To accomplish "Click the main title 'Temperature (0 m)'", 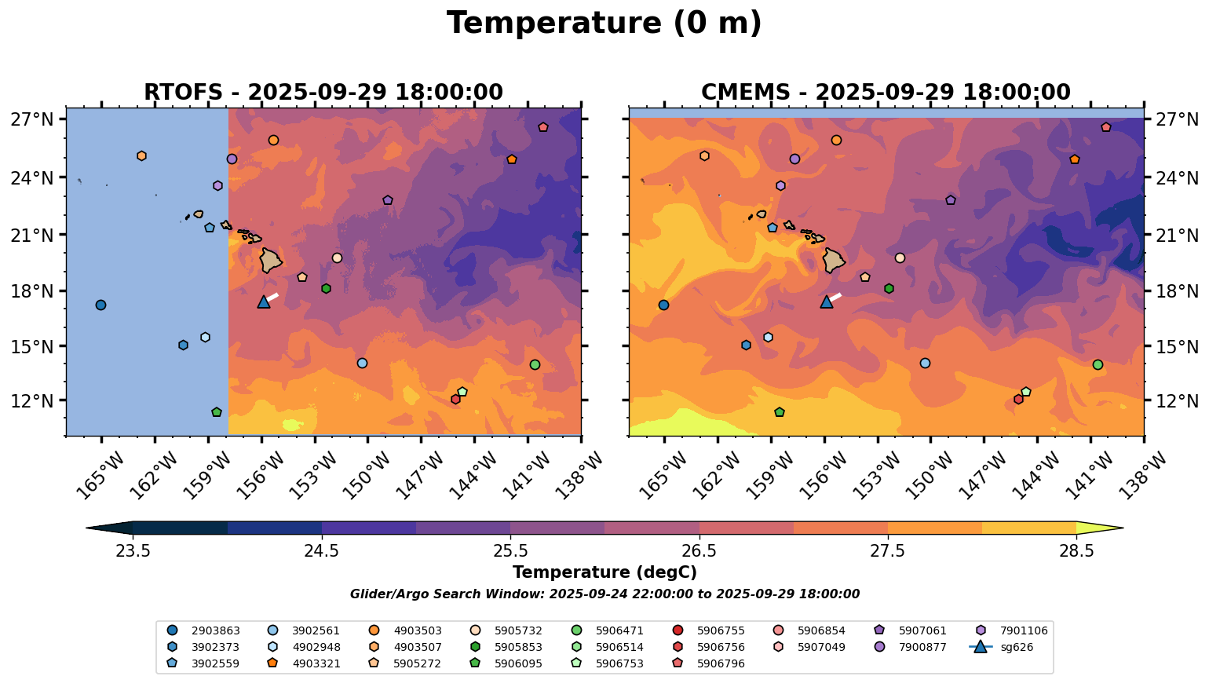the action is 604,24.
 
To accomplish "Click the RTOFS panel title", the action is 323,93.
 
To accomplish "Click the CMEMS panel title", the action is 886,93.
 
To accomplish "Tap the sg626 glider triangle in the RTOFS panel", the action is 264,301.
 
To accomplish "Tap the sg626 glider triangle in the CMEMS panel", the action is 827,301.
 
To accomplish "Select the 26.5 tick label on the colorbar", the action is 699,551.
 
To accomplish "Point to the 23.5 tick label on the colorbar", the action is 133,551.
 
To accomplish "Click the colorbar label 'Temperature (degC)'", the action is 604,572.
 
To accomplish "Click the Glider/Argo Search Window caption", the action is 604,594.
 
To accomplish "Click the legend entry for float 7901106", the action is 1011,630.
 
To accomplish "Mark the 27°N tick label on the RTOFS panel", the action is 32,119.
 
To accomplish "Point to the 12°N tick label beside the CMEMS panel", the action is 1177,400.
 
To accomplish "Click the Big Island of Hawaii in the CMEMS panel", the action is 834,261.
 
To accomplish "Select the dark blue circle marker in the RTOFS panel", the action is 100,305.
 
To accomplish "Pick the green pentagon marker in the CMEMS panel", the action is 780,412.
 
